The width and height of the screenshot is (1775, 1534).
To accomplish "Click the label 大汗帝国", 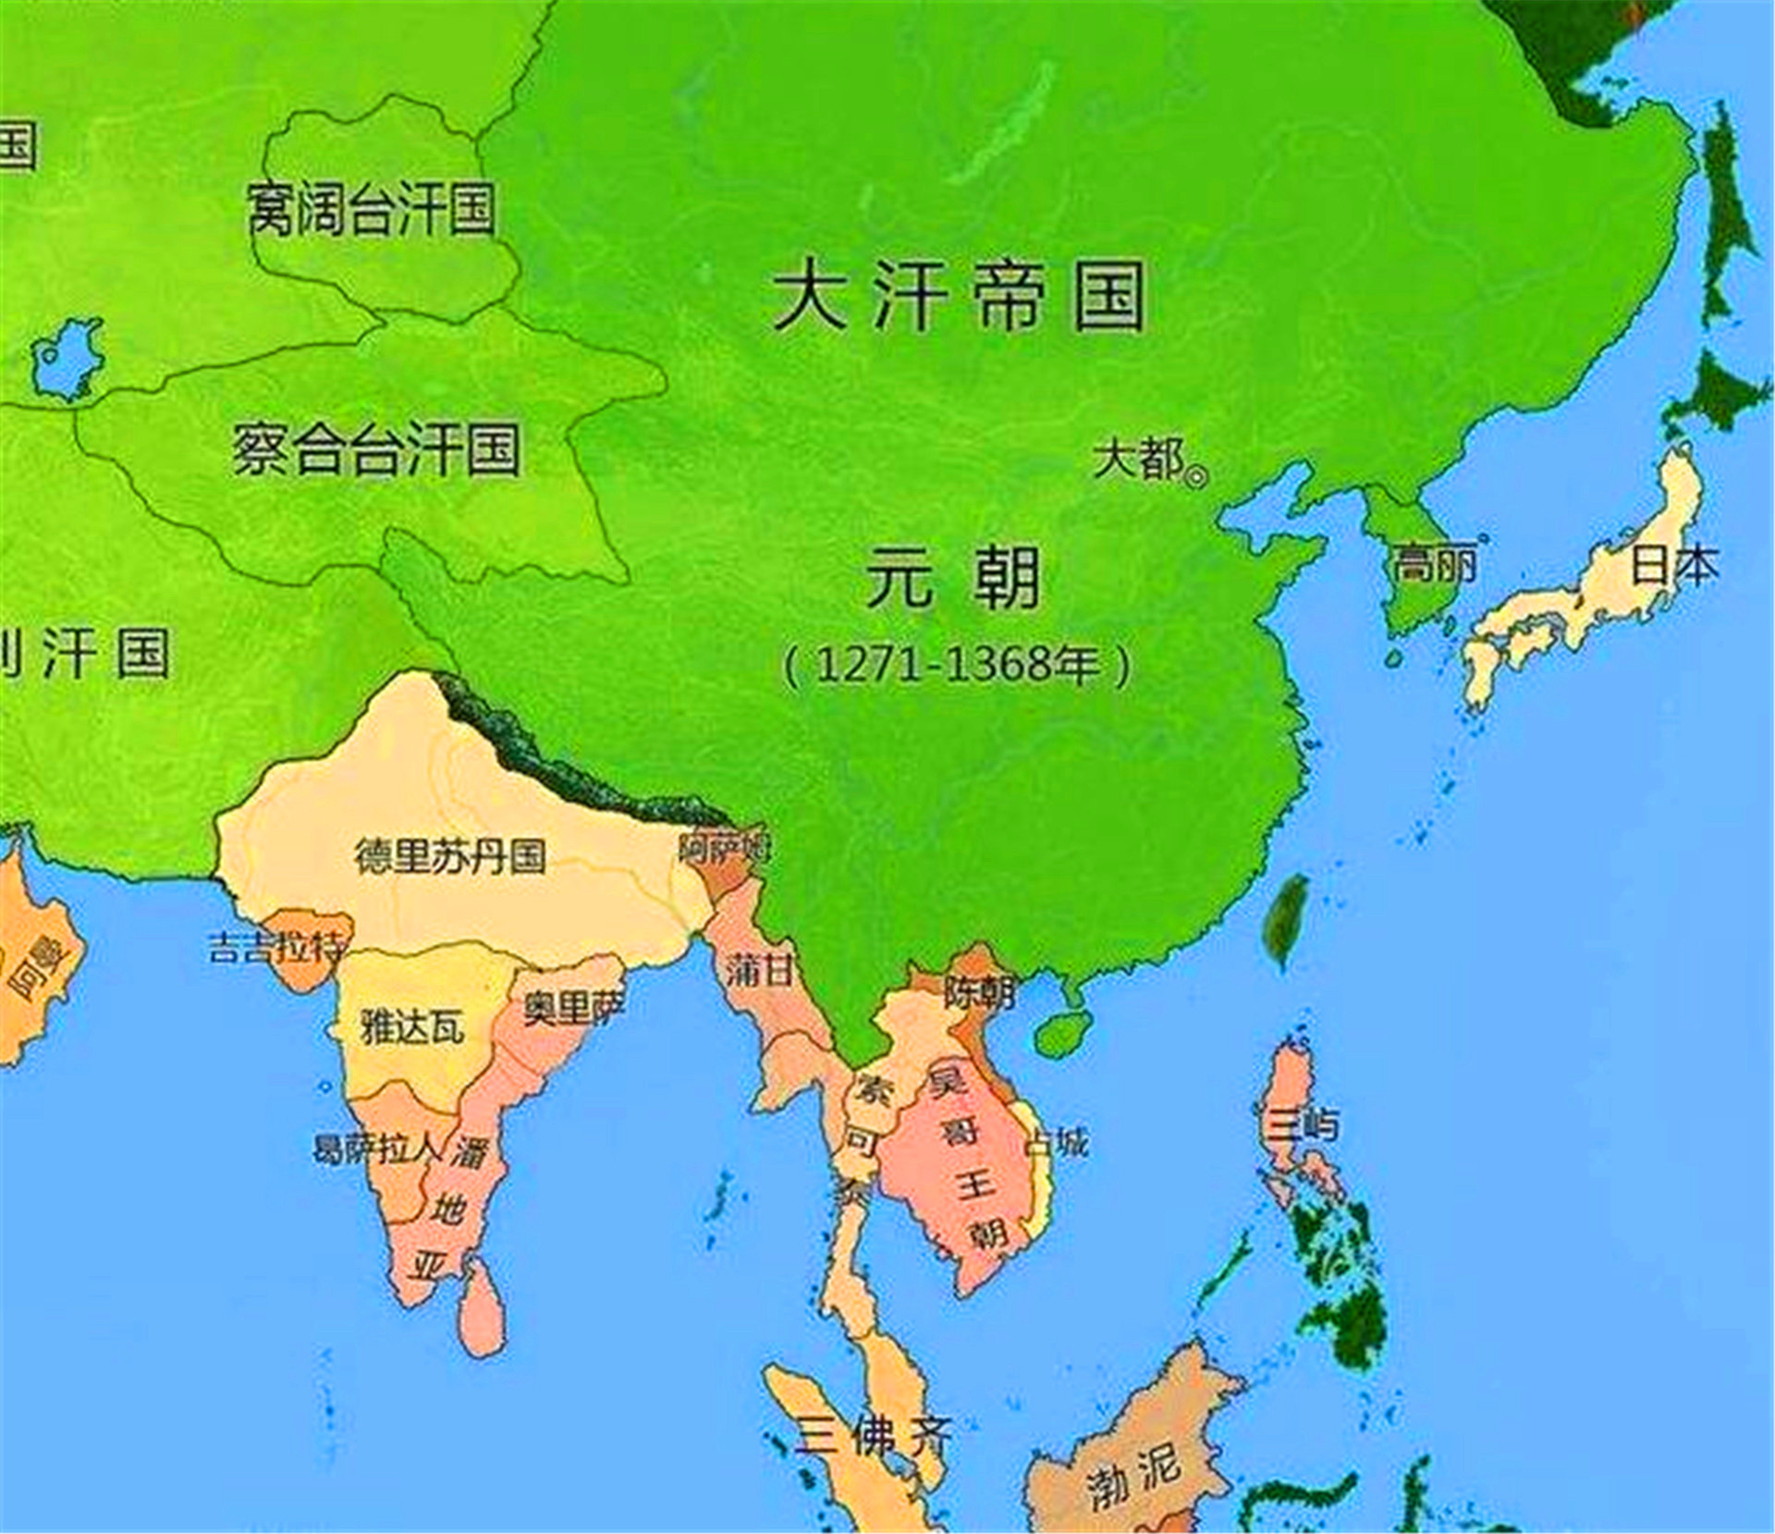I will (959, 296).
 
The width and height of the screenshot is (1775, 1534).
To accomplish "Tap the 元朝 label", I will (953, 578).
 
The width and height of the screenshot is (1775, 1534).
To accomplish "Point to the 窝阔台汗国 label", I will (371, 209).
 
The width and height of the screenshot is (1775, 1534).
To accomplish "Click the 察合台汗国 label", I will (374, 449).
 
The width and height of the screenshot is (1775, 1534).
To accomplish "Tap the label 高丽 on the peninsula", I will (1435, 563).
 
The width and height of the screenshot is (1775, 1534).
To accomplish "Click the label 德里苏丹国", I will (450, 856).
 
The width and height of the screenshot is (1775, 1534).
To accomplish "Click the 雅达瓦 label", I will (412, 1026).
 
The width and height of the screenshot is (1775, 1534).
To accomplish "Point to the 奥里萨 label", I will (574, 1006).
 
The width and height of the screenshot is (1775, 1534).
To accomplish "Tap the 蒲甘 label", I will (758, 970).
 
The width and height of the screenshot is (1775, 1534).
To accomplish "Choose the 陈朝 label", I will (979, 993).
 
